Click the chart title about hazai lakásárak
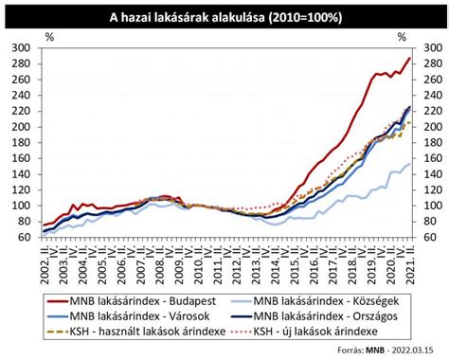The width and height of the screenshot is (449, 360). (224, 17)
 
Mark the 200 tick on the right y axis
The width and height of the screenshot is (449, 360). (429, 127)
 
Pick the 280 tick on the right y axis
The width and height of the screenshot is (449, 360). (429, 63)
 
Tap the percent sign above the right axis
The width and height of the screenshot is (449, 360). (403, 37)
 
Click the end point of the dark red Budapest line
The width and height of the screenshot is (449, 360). (410, 58)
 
